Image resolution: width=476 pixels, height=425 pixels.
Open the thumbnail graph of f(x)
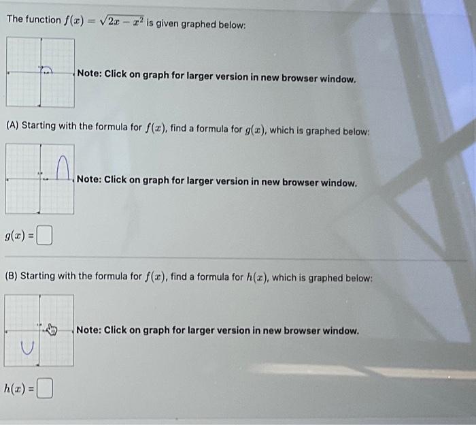(x=40, y=72)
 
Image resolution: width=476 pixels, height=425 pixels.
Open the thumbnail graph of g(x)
(x=40, y=179)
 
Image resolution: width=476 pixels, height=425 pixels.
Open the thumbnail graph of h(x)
(x=39, y=330)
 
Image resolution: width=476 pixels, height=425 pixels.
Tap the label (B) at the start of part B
(x=12, y=276)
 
